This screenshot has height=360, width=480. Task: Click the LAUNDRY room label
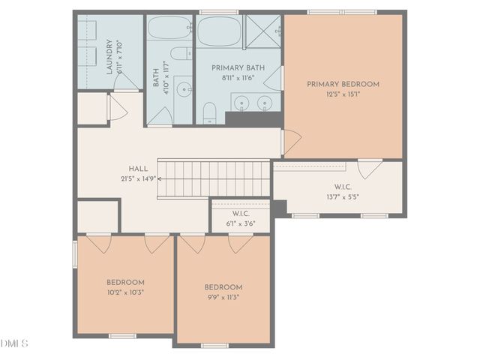(109, 58)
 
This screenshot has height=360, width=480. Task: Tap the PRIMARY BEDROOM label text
(343, 84)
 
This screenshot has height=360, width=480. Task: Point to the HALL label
(139, 169)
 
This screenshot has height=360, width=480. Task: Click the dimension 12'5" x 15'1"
(343, 94)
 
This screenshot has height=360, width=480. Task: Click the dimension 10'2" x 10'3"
(124, 292)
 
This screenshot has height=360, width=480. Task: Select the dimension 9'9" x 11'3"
(223, 297)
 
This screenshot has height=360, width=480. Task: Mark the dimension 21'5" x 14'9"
(139, 179)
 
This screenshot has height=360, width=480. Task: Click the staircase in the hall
(214, 178)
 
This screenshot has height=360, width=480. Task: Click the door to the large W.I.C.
(369, 169)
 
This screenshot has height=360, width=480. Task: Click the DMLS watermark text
(14, 343)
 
